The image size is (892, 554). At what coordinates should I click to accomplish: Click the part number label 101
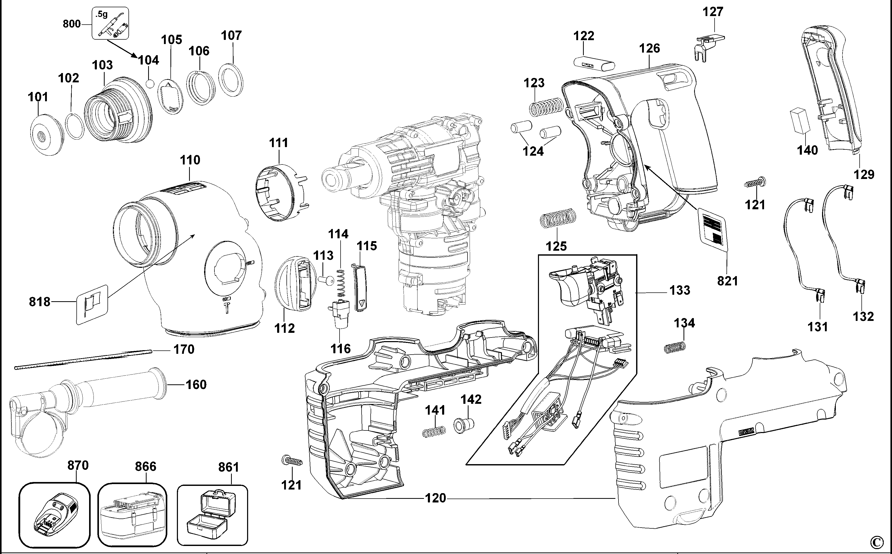click(38, 97)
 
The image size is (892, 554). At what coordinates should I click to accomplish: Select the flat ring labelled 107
click(231, 80)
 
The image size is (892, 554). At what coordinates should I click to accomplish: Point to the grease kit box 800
click(110, 23)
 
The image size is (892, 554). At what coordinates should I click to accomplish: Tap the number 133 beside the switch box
click(680, 290)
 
